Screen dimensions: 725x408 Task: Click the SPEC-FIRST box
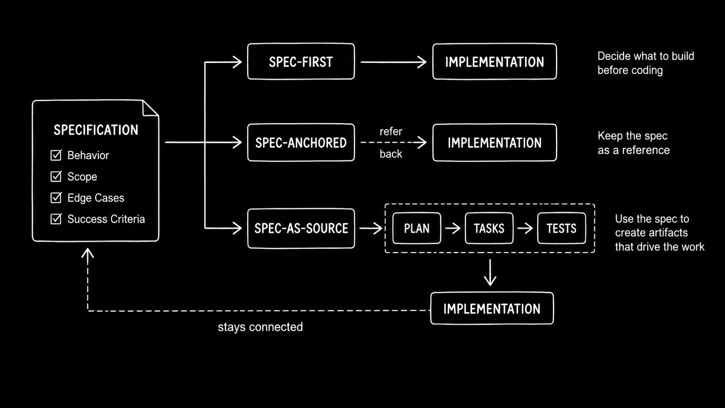[x=300, y=62]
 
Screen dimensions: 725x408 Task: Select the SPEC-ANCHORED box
[x=300, y=142]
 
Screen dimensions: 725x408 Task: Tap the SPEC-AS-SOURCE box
[x=300, y=228]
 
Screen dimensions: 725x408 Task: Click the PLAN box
[x=417, y=228]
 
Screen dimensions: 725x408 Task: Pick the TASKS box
[x=489, y=228]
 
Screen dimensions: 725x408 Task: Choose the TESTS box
[x=561, y=228]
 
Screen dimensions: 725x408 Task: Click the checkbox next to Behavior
[x=56, y=155]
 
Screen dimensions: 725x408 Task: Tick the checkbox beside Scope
[x=56, y=176]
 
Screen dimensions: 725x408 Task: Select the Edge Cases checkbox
[x=56, y=197]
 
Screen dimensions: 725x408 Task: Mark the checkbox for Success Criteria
[x=56, y=219]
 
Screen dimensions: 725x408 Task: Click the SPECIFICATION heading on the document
[x=96, y=130]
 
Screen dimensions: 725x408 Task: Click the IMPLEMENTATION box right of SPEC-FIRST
[x=495, y=62]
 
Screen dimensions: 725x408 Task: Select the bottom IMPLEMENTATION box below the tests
[x=492, y=308]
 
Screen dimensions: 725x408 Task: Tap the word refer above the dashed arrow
[x=391, y=131]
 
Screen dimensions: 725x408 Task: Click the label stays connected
[x=260, y=327]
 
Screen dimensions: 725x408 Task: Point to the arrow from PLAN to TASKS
[x=453, y=228]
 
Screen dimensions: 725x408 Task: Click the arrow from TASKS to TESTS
[x=525, y=228]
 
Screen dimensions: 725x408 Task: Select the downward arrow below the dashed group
[x=490, y=272]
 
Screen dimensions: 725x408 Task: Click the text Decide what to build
[x=646, y=56]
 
